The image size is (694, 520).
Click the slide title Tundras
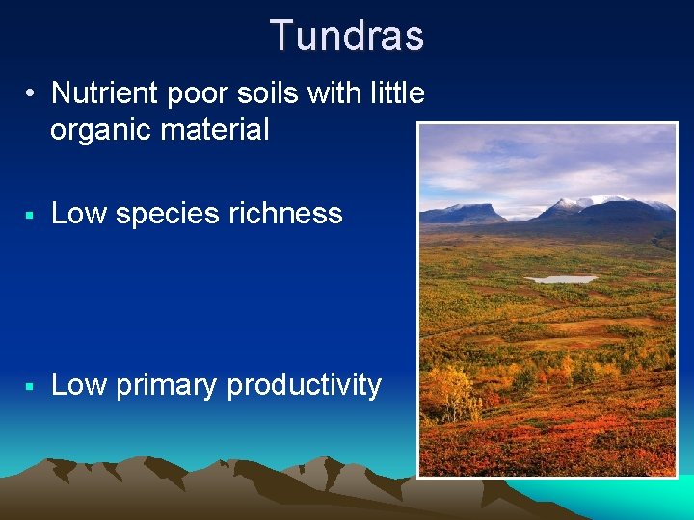tap(347, 36)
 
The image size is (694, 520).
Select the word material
tap(218, 130)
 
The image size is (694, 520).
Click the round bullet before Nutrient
tap(32, 94)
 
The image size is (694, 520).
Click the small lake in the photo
tap(561, 279)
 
